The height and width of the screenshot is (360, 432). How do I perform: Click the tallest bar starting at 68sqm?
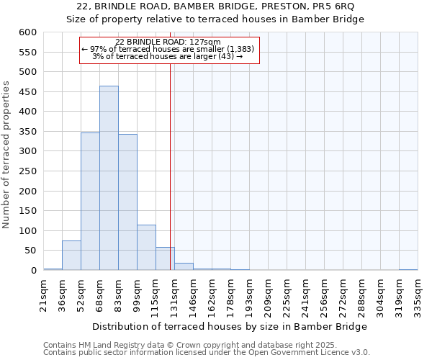(109, 178)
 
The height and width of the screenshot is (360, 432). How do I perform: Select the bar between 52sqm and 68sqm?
(90, 202)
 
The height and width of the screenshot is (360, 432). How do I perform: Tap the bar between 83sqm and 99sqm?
(127, 202)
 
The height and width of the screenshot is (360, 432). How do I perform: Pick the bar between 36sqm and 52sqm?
(71, 256)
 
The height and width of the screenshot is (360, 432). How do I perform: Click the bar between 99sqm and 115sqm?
(146, 248)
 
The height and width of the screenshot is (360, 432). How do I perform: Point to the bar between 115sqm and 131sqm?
(165, 259)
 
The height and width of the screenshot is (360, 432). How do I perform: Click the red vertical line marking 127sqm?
(170, 166)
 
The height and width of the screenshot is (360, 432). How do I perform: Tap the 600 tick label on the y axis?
(28, 32)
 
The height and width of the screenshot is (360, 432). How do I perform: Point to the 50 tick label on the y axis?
(31, 251)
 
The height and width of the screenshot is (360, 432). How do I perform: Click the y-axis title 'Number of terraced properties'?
(7, 155)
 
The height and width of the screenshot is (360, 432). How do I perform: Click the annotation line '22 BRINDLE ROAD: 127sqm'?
(168, 42)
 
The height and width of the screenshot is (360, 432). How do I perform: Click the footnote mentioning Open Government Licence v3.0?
(207, 353)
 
